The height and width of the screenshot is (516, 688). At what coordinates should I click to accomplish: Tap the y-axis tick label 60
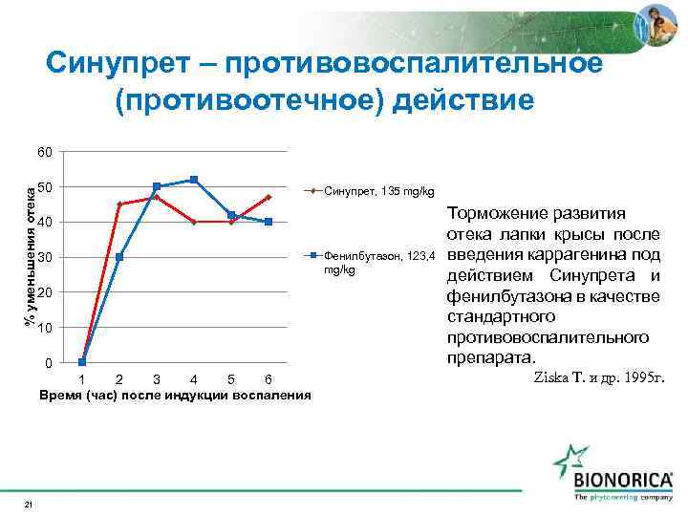pyautogui.click(x=45, y=152)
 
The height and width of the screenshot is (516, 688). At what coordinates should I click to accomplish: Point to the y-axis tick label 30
pyautogui.click(x=45, y=258)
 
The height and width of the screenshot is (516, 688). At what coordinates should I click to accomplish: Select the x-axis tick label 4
pyautogui.click(x=194, y=379)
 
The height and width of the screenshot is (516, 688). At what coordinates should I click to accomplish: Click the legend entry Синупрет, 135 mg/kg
pyautogui.click(x=379, y=192)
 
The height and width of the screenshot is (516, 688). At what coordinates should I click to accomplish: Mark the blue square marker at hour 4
pyautogui.click(x=194, y=180)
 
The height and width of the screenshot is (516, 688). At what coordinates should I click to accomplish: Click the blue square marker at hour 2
pyautogui.click(x=119, y=257)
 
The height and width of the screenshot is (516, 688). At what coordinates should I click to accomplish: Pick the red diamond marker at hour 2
pyautogui.click(x=119, y=204)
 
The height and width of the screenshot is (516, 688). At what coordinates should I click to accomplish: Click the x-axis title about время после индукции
pyautogui.click(x=175, y=395)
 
